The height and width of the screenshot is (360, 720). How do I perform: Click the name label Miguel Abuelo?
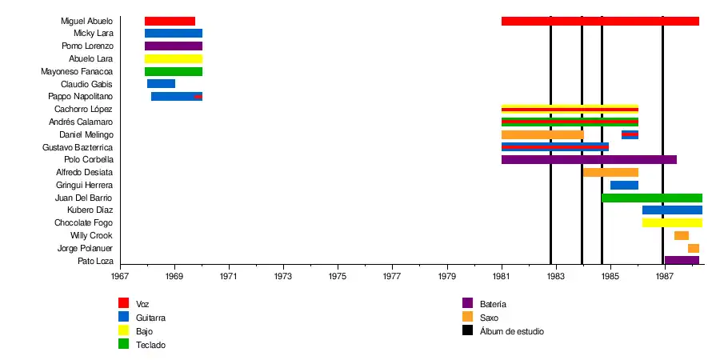(86, 21)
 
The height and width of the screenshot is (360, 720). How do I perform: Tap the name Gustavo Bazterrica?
(78, 147)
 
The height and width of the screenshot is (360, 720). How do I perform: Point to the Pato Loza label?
(95, 261)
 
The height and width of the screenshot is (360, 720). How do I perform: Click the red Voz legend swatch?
(123, 303)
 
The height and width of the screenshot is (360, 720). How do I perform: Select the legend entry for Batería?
(492, 304)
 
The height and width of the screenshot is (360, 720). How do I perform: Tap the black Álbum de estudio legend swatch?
(468, 330)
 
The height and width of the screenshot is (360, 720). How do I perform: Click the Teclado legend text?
(151, 344)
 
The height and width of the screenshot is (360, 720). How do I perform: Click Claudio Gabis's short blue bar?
(161, 84)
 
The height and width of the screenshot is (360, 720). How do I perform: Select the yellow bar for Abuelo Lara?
(173, 59)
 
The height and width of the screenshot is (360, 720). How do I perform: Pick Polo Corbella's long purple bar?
(589, 160)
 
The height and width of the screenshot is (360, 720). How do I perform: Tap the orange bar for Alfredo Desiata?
(610, 172)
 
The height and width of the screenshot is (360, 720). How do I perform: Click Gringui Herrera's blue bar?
(624, 185)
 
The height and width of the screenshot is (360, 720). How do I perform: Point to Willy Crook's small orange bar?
(681, 235)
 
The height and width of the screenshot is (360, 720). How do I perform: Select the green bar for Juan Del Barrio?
(652, 198)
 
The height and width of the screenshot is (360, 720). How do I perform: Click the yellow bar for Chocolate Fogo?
(672, 222)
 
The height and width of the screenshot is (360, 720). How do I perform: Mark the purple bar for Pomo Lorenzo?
(173, 46)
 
